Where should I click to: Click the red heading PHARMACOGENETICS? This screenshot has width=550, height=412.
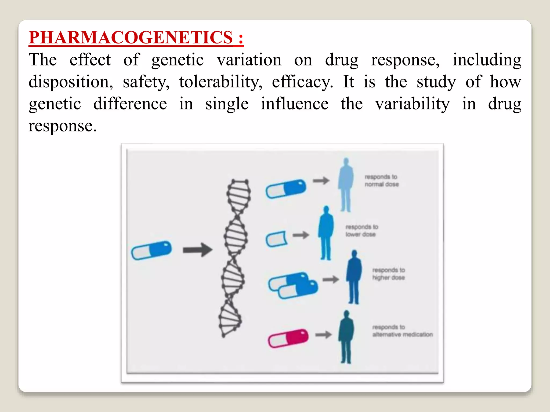click(136, 37)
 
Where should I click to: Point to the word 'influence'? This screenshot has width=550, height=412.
click(295, 104)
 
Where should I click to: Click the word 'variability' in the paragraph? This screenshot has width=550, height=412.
click(412, 104)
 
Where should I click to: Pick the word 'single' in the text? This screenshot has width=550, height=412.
click(227, 104)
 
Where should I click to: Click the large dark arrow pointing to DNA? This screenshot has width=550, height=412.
click(197, 250)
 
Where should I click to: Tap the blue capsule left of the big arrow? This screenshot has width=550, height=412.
click(151, 250)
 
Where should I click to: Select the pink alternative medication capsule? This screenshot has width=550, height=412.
click(288, 338)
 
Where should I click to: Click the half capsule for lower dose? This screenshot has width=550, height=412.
click(276, 239)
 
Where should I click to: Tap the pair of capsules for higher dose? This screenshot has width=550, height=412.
click(293, 285)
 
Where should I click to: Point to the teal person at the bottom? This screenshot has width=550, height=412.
click(346, 337)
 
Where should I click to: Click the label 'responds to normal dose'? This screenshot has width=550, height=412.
click(381, 181)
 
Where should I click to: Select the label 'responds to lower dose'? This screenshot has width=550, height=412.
click(361, 231)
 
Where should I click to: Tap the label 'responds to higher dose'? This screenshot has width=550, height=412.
click(388, 274)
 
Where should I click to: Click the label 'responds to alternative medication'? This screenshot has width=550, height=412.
click(402, 331)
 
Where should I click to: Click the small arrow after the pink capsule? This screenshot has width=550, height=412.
click(323, 334)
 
